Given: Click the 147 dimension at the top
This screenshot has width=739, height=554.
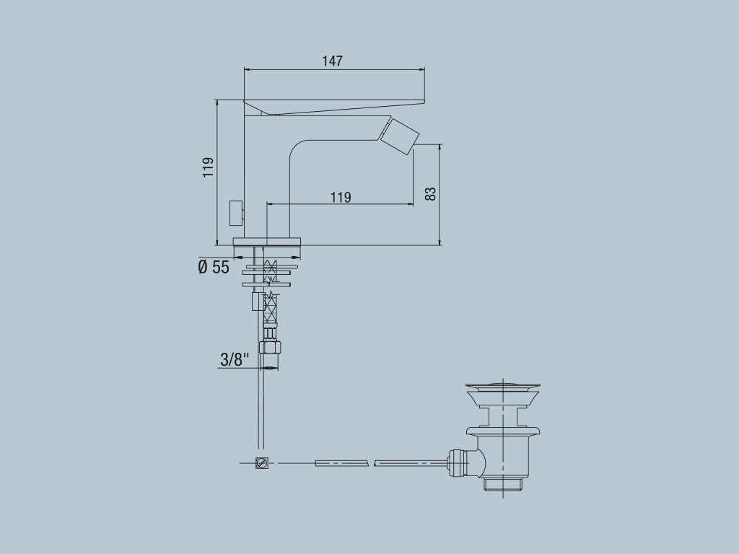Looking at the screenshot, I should pos(332,61).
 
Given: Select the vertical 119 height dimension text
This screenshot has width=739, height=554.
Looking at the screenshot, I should pos(209,167).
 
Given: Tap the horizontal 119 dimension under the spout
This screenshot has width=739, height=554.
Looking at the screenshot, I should pos(341,197).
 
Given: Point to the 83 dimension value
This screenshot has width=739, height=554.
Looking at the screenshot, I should pos(430,193).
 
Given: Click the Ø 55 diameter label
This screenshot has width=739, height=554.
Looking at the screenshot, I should pos(214,268).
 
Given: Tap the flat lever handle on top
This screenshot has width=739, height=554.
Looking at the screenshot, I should pos(332,105).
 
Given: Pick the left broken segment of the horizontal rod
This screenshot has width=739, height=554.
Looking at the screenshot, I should pos(341,462).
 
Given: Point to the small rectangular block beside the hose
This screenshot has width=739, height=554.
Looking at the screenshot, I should pos(256,302).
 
